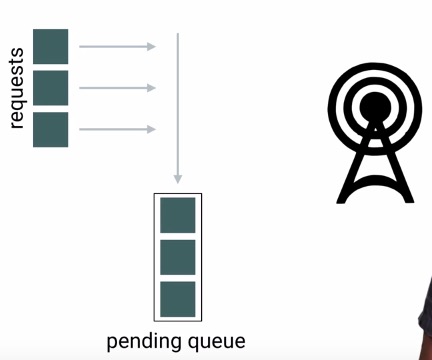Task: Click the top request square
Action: (x=50, y=46)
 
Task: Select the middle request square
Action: (x=50, y=88)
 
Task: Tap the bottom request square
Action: (x=50, y=129)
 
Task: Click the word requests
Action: (x=16, y=88)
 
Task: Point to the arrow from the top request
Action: (x=115, y=46)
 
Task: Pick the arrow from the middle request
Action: (x=115, y=88)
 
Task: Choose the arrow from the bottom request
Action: (x=115, y=129)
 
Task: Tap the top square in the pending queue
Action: (x=178, y=215)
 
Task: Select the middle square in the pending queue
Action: (x=178, y=257)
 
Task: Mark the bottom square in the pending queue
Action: (x=178, y=298)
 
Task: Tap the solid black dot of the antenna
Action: (x=375, y=105)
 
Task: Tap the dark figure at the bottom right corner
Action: (x=424, y=325)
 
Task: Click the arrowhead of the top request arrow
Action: (x=152, y=46)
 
